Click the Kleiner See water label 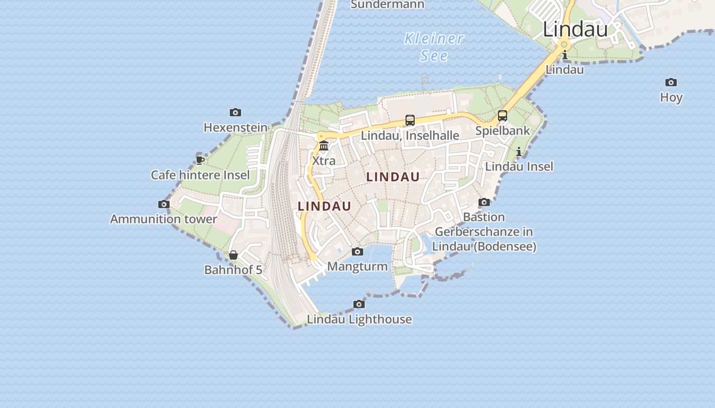point(434,46)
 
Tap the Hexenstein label point(235,127)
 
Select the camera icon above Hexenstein point(235,112)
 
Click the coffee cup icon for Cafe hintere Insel point(200,160)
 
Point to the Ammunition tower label point(163,219)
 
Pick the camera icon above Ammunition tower point(163,204)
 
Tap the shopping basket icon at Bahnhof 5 point(233,255)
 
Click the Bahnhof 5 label point(233,270)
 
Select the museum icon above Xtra point(324,146)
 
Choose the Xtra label point(324,161)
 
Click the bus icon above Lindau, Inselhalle point(410,120)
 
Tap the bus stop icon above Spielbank point(503,116)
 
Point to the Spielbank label point(503,131)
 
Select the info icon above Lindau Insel point(519,151)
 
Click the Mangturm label point(357,266)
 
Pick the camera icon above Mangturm point(357,251)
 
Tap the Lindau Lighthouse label point(359,319)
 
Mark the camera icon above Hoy point(671,83)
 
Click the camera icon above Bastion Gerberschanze point(484,202)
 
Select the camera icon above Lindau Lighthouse point(359,304)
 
